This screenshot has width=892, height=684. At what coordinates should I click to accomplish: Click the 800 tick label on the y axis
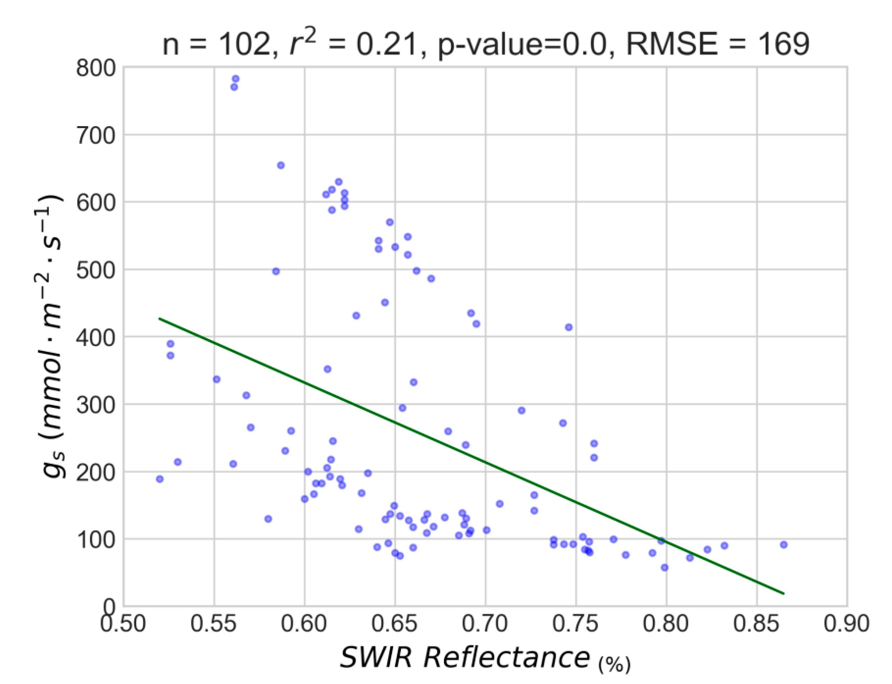pyautogui.click(x=96, y=68)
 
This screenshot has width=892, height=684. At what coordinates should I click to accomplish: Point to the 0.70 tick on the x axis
pyautogui.click(x=485, y=624)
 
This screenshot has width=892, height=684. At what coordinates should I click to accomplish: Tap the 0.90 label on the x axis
pyautogui.click(x=847, y=624)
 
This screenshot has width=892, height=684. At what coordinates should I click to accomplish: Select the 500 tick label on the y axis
pyautogui.click(x=96, y=270)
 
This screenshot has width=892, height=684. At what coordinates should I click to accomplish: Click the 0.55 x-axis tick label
pyautogui.click(x=214, y=624)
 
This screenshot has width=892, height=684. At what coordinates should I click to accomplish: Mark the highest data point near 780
pyautogui.click(x=235, y=79)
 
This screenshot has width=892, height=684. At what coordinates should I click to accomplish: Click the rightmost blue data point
pyautogui.click(x=784, y=545)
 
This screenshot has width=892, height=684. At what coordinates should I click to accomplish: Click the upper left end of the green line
pyautogui.click(x=159, y=318)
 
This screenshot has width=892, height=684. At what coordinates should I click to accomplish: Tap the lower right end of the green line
pyautogui.click(x=784, y=594)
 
